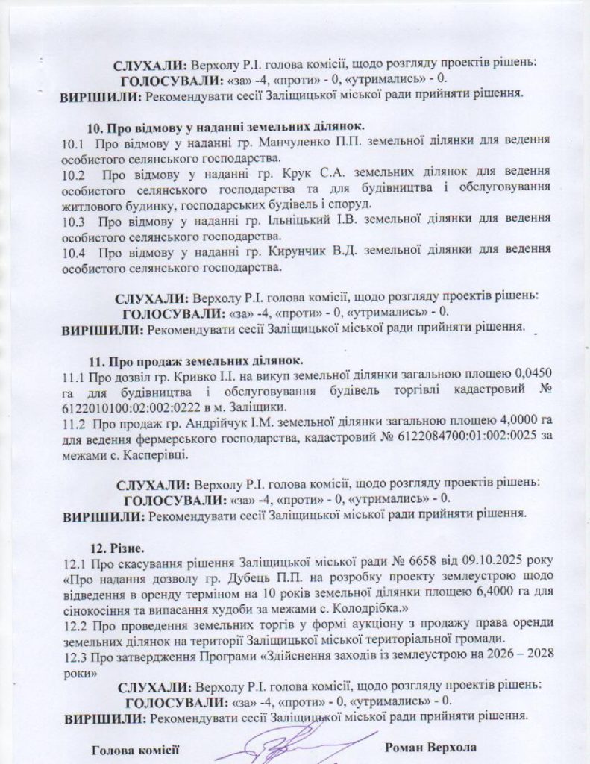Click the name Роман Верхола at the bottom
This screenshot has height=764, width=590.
tap(430, 747)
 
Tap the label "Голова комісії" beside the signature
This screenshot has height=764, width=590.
tap(136, 749)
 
